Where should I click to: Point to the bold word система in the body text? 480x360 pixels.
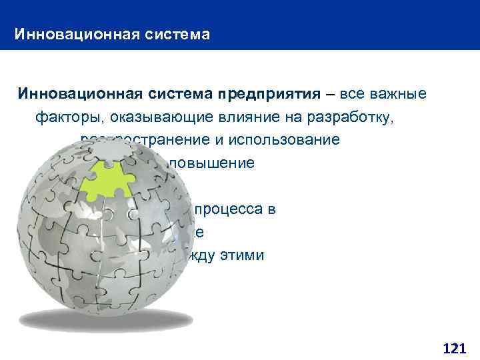[x=172, y=93]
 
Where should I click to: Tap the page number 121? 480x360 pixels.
[x=454, y=347]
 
